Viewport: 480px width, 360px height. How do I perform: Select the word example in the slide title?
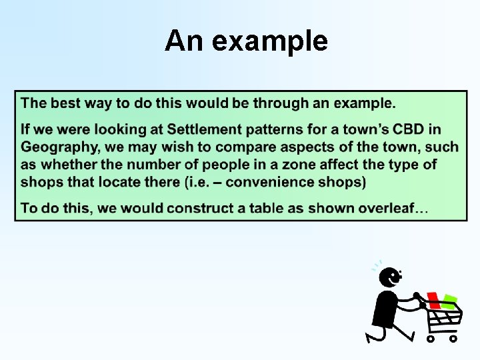(x=271, y=41)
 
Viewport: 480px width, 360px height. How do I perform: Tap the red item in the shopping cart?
(x=434, y=301)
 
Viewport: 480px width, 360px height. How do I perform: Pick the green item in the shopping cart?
(x=449, y=301)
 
